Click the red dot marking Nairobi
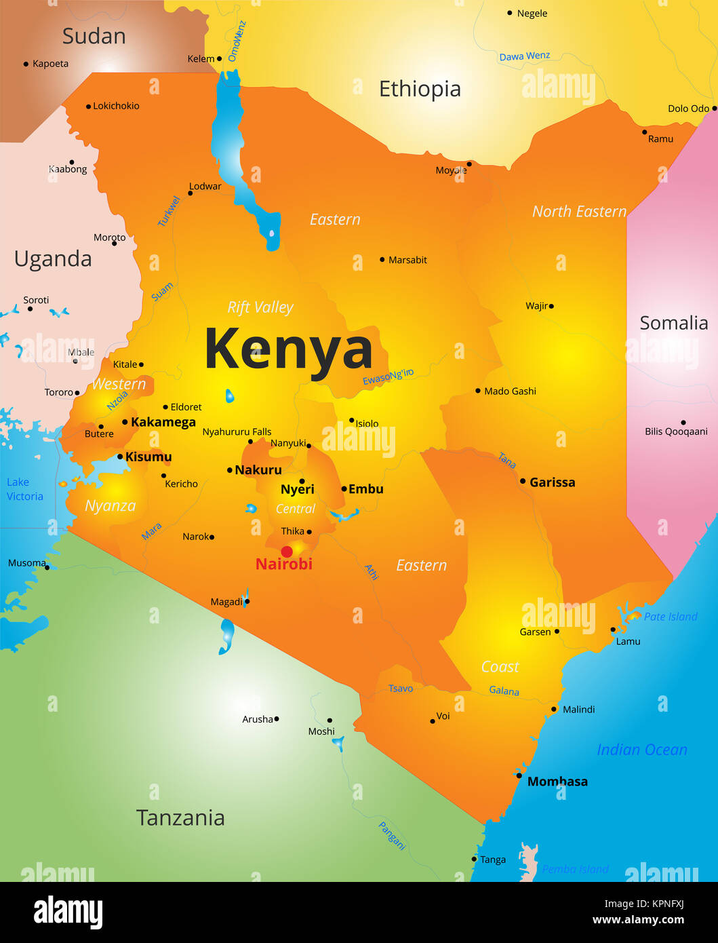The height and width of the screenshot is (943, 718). point(287,552)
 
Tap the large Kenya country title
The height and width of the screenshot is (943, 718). point(289,349)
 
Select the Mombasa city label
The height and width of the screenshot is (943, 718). point(557,782)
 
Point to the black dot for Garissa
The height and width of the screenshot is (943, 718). point(523,481)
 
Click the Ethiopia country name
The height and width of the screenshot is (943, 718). point(420,89)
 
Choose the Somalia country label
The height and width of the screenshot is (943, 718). point(673,323)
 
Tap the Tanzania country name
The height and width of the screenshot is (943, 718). point(180,817)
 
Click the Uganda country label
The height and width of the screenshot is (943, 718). point(53,259)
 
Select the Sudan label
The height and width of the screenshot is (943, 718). point(94,36)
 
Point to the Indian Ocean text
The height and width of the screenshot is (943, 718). point(641,750)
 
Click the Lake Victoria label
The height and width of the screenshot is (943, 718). point(24,489)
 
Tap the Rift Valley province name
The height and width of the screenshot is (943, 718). point(260,307)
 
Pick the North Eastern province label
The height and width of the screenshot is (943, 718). point(579,212)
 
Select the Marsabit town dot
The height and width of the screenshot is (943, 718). point(382,260)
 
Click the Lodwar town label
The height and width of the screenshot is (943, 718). point(205,187)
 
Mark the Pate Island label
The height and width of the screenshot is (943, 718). point(670,617)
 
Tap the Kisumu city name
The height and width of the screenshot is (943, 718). point(148,457)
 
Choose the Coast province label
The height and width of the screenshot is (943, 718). point(500,667)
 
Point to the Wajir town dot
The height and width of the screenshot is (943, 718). point(551,306)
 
